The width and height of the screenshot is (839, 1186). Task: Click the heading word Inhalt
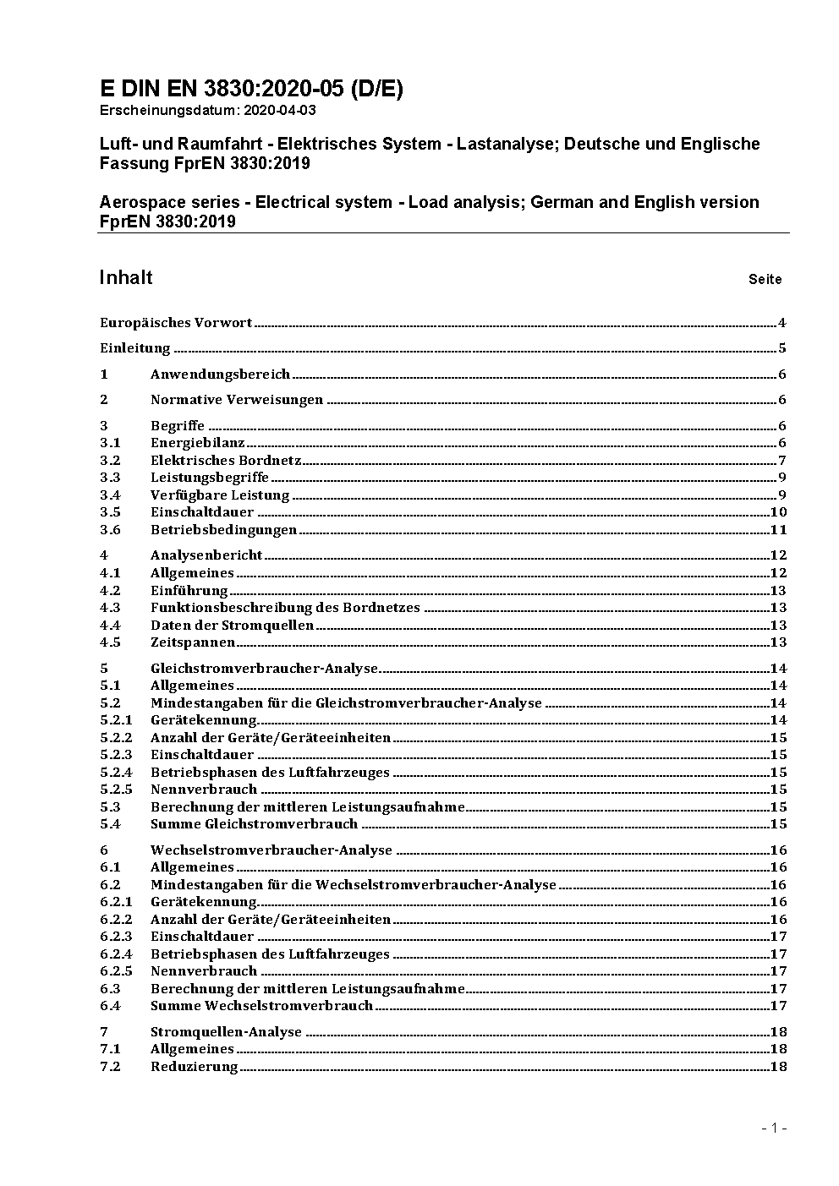tap(126, 278)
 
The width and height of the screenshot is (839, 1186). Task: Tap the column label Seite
tap(765, 279)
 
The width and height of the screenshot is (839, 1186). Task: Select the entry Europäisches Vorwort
tap(176, 323)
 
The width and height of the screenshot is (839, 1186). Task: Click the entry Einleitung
tap(135, 348)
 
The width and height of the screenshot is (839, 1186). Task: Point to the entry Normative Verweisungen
tap(237, 400)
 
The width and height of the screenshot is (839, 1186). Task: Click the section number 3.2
tap(110, 461)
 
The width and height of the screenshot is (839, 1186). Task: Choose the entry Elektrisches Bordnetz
tap(226, 461)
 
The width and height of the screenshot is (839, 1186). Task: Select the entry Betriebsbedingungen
tap(224, 530)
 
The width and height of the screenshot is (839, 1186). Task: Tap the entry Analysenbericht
tap(206, 555)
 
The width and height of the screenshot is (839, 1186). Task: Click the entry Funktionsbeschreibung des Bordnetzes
tap(285, 608)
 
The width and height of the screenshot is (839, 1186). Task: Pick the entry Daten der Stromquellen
tap(232, 626)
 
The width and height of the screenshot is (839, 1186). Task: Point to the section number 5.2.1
tap(116, 720)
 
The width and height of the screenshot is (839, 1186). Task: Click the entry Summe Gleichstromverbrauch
tap(254, 824)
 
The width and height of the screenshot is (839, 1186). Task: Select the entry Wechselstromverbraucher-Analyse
tap(271, 850)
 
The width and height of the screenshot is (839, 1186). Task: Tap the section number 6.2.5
tap(116, 971)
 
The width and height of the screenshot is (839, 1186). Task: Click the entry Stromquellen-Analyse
tap(226, 1032)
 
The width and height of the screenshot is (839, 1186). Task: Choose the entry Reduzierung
tap(195, 1067)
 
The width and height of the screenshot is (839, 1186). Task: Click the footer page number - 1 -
tap(774, 1128)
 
